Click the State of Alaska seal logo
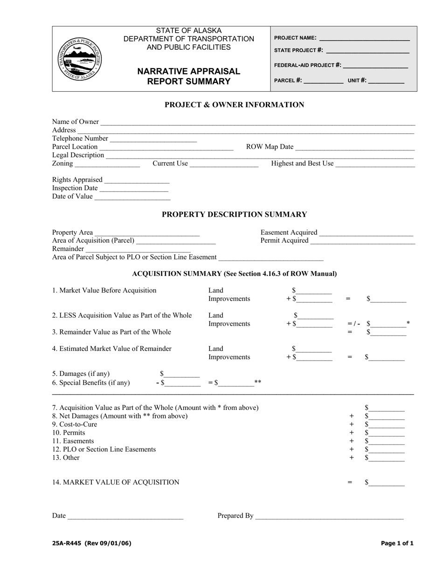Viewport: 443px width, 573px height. pyautogui.click(x=80, y=59)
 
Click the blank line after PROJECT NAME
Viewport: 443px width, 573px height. pyautogui.click(x=364, y=39)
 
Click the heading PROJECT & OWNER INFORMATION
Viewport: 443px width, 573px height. pyautogui.click(x=234, y=105)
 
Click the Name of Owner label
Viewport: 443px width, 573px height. pyautogui.click(x=75, y=122)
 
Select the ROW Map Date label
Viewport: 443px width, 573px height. pyautogui.click(x=270, y=147)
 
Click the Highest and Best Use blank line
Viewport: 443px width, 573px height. pyautogui.click(x=375, y=164)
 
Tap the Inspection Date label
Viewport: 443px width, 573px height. pyautogui.click(x=75, y=188)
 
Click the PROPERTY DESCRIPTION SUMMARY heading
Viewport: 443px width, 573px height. pyautogui.click(x=234, y=215)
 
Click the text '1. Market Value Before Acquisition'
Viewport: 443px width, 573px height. pyautogui.click(x=104, y=291)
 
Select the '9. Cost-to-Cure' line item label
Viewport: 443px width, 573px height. pyautogui.click(x=75, y=424)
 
